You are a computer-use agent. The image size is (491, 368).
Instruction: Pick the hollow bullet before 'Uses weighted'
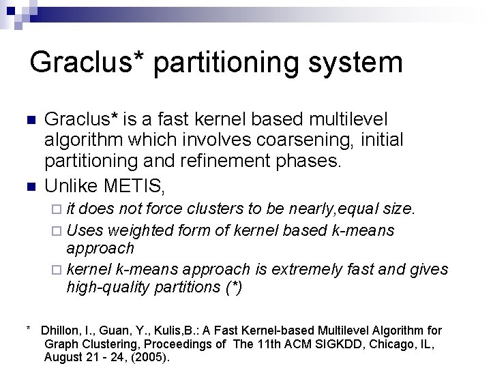coord(57,231)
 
